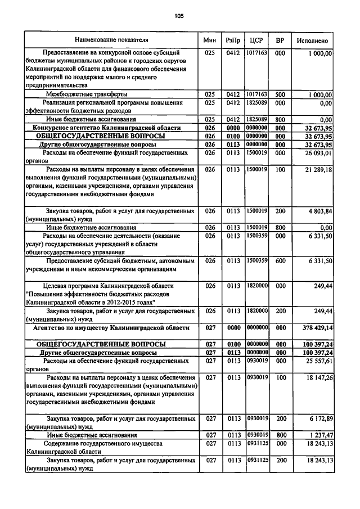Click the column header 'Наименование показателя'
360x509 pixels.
[x=112, y=40]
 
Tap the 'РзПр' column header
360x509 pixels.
[x=232, y=41]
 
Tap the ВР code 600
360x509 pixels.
[x=280, y=261]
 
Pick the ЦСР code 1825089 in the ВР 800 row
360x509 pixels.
[x=256, y=120]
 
